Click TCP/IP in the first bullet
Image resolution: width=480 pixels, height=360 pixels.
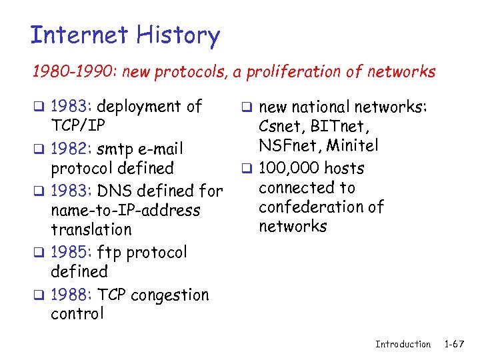pos(78,126)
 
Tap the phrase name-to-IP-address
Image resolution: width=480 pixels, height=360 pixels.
pos(125,211)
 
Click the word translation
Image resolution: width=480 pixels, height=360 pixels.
pos(91,230)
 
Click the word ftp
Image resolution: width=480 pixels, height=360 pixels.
pos(109,253)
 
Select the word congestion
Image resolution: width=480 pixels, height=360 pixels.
pos(171,295)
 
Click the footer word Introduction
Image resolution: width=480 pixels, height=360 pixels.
pos(403,344)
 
